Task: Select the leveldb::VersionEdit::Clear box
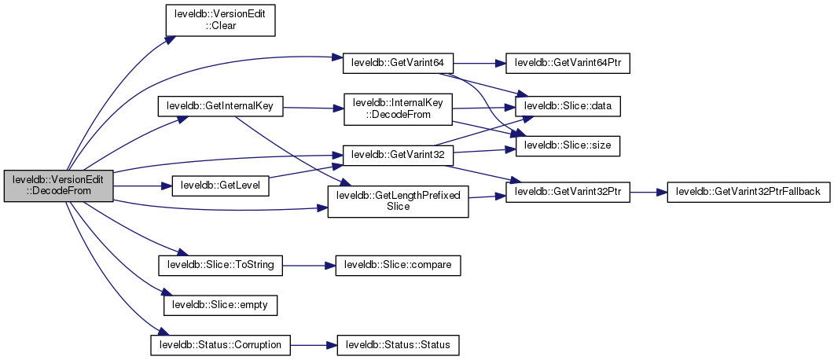click(219, 19)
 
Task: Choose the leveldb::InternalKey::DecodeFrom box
click(398, 112)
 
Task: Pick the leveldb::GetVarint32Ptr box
click(568, 192)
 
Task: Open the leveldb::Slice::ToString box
click(220, 265)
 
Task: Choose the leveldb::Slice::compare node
click(398, 265)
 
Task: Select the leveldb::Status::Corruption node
click(220, 344)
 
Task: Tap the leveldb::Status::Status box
click(398, 344)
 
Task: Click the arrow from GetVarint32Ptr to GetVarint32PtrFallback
click(648, 192)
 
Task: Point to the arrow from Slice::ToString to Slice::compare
click(308, 265)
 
